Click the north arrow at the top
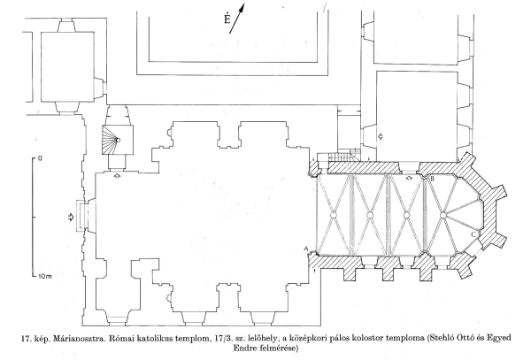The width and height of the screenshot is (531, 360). (236, 19)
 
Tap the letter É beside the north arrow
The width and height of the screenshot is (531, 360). (227, 19)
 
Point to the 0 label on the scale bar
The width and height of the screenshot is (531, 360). (41, 158)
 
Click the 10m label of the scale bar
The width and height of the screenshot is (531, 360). (45, 277)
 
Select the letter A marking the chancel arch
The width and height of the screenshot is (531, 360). (306, 249)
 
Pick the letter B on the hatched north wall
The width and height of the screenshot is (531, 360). (432, 179)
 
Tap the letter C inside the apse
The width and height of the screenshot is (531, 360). (473, 234)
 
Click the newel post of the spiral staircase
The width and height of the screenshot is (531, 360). (118, 140)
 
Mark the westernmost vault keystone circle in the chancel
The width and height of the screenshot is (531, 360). (333, 215)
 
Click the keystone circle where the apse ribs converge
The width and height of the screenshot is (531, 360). (443, 215)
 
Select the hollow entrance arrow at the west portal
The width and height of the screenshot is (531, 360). (71, 218)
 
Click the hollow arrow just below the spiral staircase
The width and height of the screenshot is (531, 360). (117, 175)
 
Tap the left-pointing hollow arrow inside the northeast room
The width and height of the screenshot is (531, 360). (381, 136)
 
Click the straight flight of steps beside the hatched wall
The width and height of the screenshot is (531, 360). (339, 157)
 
